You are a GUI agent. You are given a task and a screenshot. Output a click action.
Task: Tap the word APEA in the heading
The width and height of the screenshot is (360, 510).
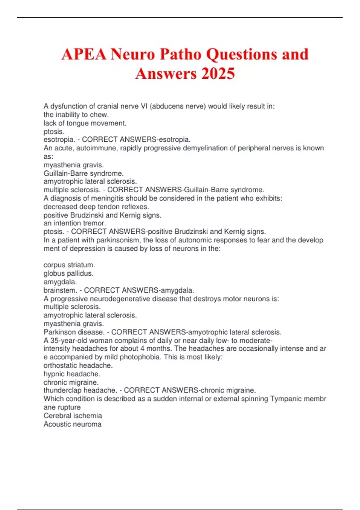point(84,54)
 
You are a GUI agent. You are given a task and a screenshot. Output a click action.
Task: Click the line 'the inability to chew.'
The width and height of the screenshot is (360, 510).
point(76,115)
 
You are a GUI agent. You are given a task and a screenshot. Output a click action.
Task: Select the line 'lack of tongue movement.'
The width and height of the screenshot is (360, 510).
point(85,123)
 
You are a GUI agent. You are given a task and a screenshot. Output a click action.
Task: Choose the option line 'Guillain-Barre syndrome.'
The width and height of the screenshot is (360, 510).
point(83,173)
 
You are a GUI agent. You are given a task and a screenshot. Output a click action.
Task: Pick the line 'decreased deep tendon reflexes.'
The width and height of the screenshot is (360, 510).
point(96,207)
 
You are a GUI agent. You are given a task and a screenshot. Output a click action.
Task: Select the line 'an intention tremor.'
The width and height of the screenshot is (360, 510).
point(75,223)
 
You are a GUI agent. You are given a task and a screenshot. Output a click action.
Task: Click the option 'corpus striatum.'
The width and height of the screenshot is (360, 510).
point(69,265)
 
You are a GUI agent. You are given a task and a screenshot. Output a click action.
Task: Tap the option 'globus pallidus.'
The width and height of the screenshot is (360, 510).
point(68,273)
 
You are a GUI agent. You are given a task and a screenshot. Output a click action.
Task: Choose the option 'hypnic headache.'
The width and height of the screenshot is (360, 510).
point(72,374)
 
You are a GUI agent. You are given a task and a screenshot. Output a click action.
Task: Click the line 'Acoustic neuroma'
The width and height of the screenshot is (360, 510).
point(73,424)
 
